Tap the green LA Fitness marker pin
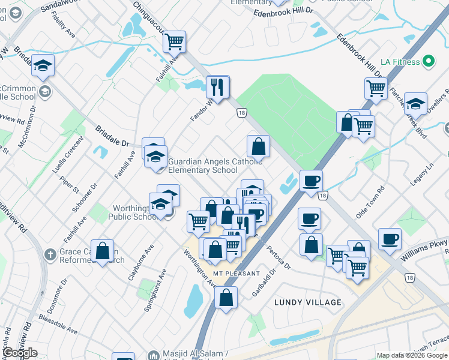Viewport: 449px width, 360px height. (x=429, y=61)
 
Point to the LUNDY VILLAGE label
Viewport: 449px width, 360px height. (x=308, y=302)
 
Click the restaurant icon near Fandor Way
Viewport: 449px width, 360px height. (x=218, y=87)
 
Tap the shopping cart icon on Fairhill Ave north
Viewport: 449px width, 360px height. (x=174, y=42)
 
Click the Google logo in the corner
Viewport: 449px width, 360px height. (x=20, y=353)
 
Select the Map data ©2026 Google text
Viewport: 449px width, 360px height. (x=411, y=355)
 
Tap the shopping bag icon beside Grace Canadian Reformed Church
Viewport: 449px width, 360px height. (x=103, y=251)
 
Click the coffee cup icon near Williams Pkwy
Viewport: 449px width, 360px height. (x=390, y=239)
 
